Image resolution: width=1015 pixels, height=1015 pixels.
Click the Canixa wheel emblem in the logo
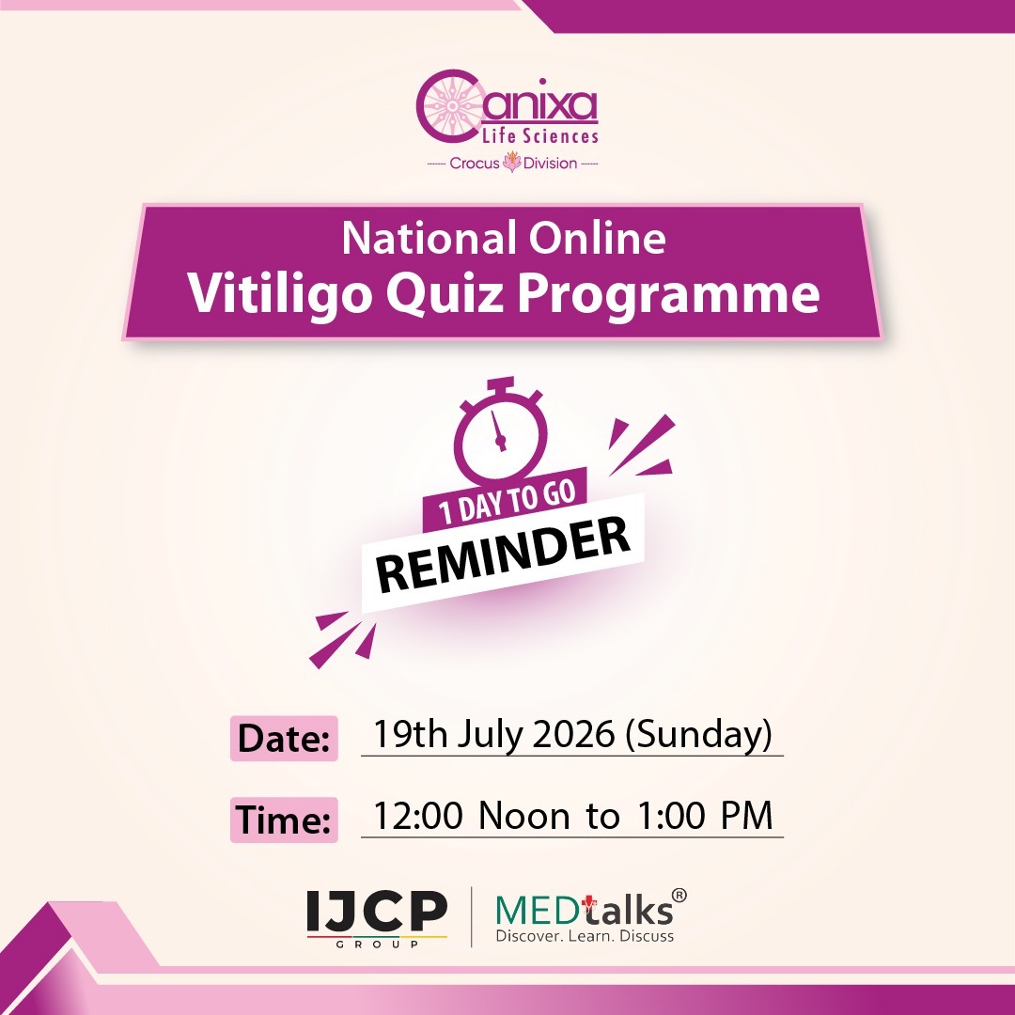click(451, 106)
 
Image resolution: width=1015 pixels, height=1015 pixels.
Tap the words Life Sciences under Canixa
click(540, 136)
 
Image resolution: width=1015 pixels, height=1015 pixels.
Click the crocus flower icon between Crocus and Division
click(512, 162)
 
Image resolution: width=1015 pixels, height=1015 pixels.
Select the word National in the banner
click(429, 238)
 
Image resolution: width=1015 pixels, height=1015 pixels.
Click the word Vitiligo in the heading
click(280, 294)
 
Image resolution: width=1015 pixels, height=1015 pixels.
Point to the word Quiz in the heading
click(445, 294)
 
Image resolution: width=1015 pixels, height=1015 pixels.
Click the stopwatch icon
click(500, 430)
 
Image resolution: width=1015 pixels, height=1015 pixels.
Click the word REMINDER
click(503, 554)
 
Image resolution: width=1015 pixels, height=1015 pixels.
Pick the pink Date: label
click(284, 738)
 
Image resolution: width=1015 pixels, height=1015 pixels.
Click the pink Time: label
click(284, 820)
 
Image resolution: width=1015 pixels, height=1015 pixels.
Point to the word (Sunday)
click(699, 735)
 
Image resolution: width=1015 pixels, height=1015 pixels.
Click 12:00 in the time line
click(418, 815)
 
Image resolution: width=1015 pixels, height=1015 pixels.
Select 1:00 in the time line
click(671, 815)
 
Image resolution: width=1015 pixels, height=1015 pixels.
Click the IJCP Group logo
click(378, 918)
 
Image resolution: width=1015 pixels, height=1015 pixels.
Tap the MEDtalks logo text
click(584, 910)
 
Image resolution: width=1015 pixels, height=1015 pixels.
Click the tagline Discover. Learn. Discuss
click(585, 936)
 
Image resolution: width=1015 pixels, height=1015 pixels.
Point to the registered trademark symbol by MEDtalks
click(679, 896)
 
